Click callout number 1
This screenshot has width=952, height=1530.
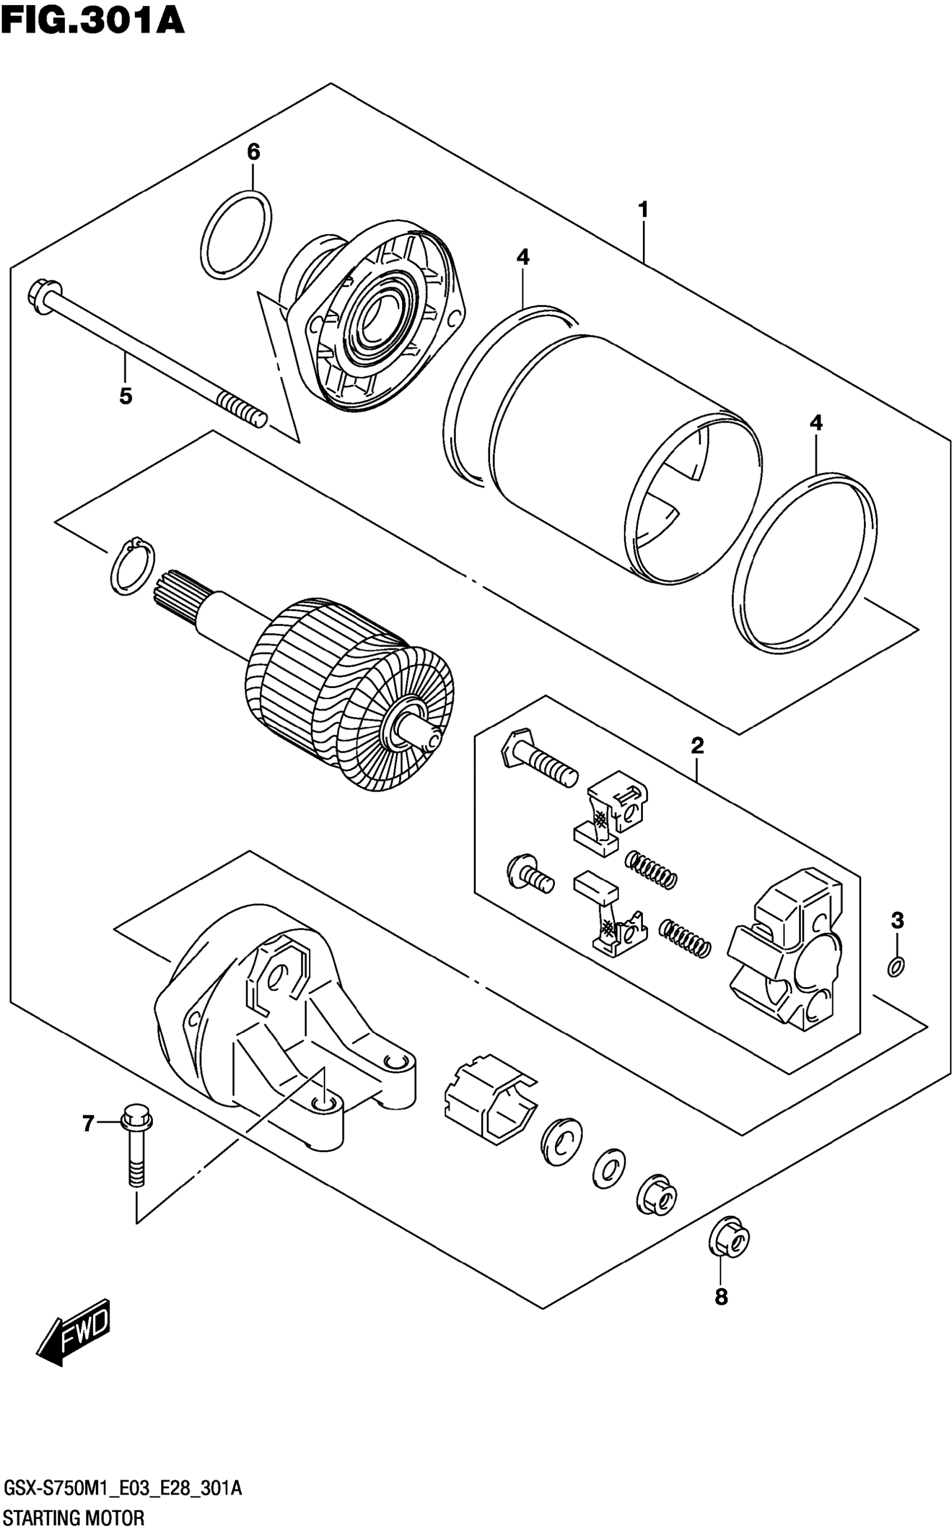(x=643, y=209)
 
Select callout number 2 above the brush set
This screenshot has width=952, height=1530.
(x=697, y=746)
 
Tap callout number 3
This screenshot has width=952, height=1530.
(x=897, y=920)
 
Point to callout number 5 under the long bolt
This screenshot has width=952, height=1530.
(x=126, y=396)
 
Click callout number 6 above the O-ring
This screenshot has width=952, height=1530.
(x=253, y=152)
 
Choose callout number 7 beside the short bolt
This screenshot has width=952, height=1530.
(x=88, y=1123)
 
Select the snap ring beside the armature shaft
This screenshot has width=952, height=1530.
(x=132, y=566)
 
